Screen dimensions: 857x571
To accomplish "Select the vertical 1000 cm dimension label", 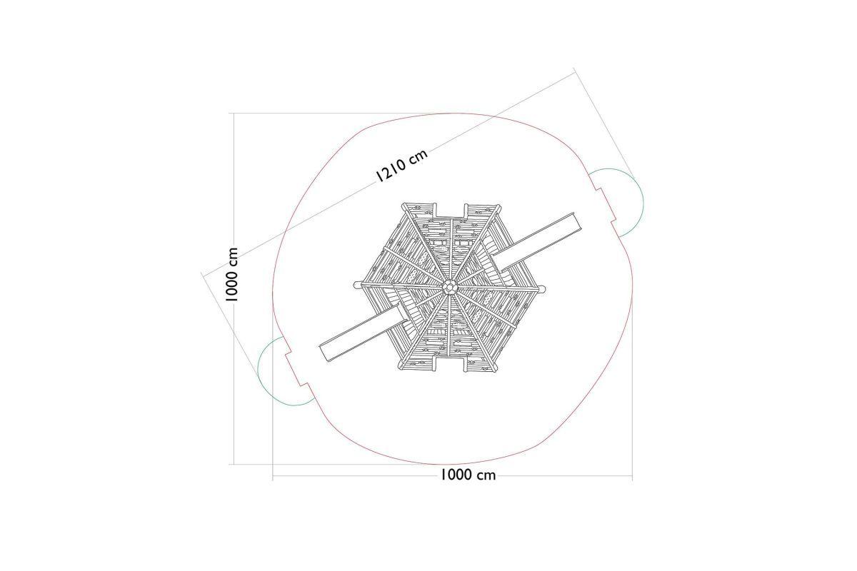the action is tap(231, 274).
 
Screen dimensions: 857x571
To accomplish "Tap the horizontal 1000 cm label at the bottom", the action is tap(468, 475).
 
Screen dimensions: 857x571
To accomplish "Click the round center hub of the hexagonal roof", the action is tap(449, 287).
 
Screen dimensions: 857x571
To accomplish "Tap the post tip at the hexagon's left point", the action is tap(356, 285).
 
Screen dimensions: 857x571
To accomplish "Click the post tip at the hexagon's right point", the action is tap(542, 289).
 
